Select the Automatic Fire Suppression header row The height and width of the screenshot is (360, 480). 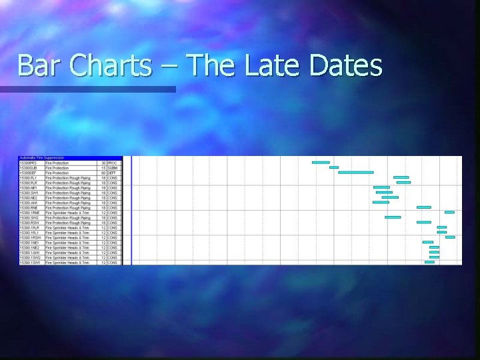(47, 158)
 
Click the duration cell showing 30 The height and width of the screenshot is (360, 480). (103, 163)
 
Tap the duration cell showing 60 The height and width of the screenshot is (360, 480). (103, 173)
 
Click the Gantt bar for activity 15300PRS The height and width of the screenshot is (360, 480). (321, 162)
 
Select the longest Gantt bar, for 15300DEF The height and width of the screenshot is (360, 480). (355, 172)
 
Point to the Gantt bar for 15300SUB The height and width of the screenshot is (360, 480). (334, 167)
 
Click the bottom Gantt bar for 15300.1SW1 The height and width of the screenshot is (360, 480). (429, 262)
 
